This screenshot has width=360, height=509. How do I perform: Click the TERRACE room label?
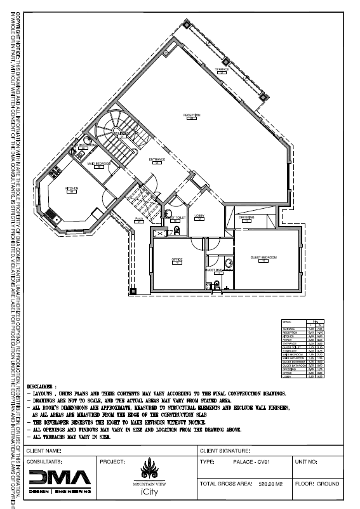[222, 69]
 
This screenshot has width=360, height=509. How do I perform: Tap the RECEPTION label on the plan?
[192, 115]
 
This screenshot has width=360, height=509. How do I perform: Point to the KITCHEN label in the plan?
[72, 188]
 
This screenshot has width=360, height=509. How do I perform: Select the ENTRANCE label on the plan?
[157, 159]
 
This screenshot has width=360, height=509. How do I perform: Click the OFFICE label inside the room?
[178, 259]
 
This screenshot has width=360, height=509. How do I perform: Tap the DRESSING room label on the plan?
[247, 217]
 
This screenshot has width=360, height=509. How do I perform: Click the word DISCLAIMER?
[41, 385]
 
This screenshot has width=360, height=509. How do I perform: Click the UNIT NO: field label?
[308, 462]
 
